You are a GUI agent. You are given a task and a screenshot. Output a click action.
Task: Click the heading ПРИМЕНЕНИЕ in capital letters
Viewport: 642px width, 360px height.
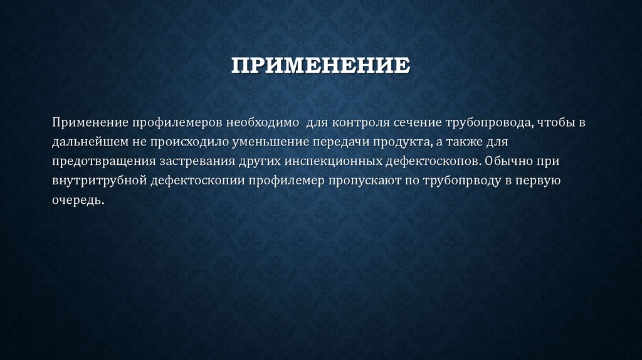320,65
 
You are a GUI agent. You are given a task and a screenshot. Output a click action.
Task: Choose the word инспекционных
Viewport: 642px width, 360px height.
334,161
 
